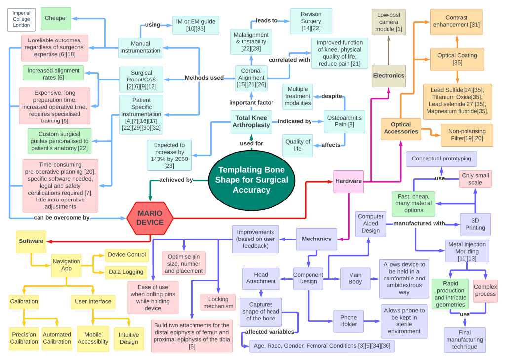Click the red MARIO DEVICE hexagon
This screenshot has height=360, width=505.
point(150,218)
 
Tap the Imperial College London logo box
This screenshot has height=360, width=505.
point(22,19)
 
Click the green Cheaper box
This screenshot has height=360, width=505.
point(56,18)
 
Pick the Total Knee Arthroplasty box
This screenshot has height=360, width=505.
point(251,121)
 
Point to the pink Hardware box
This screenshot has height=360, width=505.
point(349,181)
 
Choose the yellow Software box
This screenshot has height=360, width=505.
point(31,241)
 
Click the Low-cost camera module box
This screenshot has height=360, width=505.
point(388,22)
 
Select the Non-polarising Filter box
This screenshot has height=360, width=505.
point(467,135)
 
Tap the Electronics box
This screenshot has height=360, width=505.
point(388,76)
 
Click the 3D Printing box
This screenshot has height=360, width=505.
point(475,224)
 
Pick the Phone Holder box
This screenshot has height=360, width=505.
point(349,321)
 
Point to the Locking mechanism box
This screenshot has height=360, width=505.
point(218,302)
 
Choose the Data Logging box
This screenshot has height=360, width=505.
point(126,271)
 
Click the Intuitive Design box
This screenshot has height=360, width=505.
point(129,338)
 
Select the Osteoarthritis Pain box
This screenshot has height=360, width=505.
point(345,121)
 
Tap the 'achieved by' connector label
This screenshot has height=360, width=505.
point(176,180)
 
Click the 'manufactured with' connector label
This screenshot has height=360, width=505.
point(419,224)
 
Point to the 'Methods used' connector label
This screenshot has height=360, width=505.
point(204,78)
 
